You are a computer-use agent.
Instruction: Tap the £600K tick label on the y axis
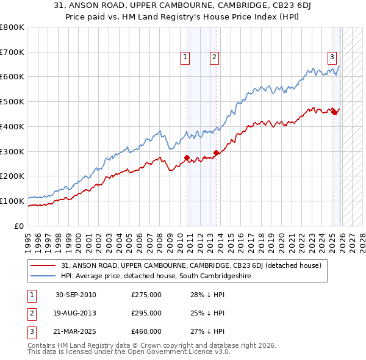[x=13, y=77]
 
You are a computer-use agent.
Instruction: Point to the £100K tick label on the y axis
[x=13, y=201]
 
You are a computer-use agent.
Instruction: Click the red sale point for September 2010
[x=187, y=157]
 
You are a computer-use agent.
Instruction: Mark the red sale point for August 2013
[x=216, y=153]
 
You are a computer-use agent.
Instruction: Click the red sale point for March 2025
[x=334, y=112]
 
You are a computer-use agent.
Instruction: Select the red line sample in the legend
[x=43, y=265]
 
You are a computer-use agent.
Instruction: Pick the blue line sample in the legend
[x=43, y=276]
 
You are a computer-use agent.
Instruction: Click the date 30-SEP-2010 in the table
[x=76, y=295]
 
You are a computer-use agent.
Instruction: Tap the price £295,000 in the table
[x=146, y=314]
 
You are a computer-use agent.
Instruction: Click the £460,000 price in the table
[x=146, y=332]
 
